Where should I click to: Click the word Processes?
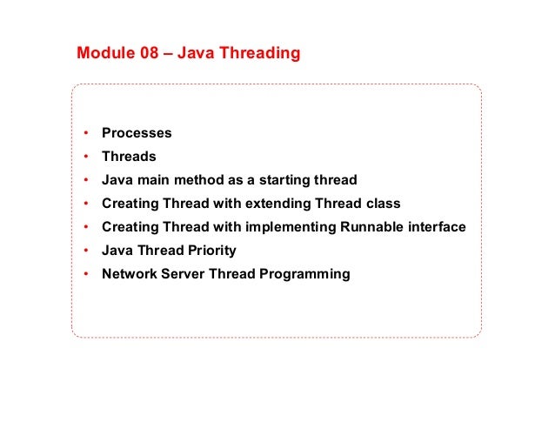pos(137,133)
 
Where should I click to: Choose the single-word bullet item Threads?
pos(129,157)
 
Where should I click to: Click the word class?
pos(383,204)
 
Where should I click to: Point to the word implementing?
pos(303,227)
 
